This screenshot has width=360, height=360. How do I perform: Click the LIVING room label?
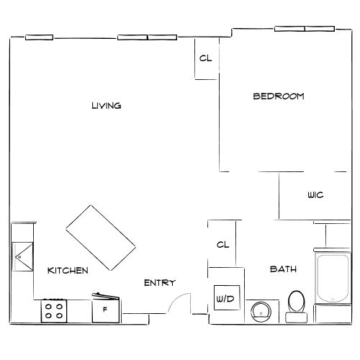click(106, 106)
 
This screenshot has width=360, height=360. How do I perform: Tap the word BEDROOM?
click(278, 96)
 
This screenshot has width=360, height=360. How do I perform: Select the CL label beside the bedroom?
click(205, 59)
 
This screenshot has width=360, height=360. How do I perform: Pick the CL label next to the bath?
click(222, 244)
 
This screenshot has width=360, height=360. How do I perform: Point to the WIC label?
click(315, 195)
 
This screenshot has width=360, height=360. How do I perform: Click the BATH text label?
click(279, 269)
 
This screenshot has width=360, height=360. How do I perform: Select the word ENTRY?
click(159, 283)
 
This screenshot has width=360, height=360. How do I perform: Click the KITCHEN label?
click(68, 271)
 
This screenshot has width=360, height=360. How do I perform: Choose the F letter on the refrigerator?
click(105, 310)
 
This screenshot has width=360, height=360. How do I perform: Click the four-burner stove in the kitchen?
click(53, 310)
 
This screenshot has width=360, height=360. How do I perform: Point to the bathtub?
click(332, 277)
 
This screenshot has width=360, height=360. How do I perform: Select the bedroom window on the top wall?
click(305, 30)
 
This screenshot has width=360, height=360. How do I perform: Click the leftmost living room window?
click(39, 38)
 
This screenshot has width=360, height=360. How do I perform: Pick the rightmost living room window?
click(134, 37)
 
